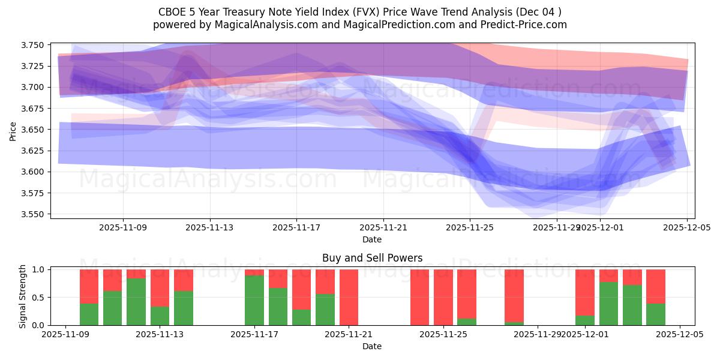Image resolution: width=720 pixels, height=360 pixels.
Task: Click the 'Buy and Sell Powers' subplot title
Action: pyautogui.click(x=372, y=258)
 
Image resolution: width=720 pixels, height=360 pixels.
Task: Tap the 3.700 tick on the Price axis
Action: pyautogui.click(x=35, y=88)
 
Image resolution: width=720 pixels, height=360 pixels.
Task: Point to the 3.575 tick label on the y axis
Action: pyautogui.click(x=35, y=193)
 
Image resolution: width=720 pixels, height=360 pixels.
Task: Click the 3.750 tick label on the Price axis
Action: pyautogui.click(x=35, y=45)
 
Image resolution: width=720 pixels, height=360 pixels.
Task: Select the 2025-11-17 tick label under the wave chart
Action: pyautogui.click(x=296, y=228)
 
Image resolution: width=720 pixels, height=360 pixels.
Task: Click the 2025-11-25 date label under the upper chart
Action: pyautogui.click(x=470, y=228)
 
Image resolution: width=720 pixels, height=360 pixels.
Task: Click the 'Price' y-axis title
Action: pyautogui.click(x=13, y=131)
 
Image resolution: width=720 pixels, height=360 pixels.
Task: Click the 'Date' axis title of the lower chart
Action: pyautogui.click(x=372, y=346)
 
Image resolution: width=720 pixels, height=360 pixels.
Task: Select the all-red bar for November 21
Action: pyautogui.click(x=349, y=297)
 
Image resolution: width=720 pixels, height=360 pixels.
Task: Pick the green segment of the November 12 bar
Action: pyautogui.click(x=136, y=302)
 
